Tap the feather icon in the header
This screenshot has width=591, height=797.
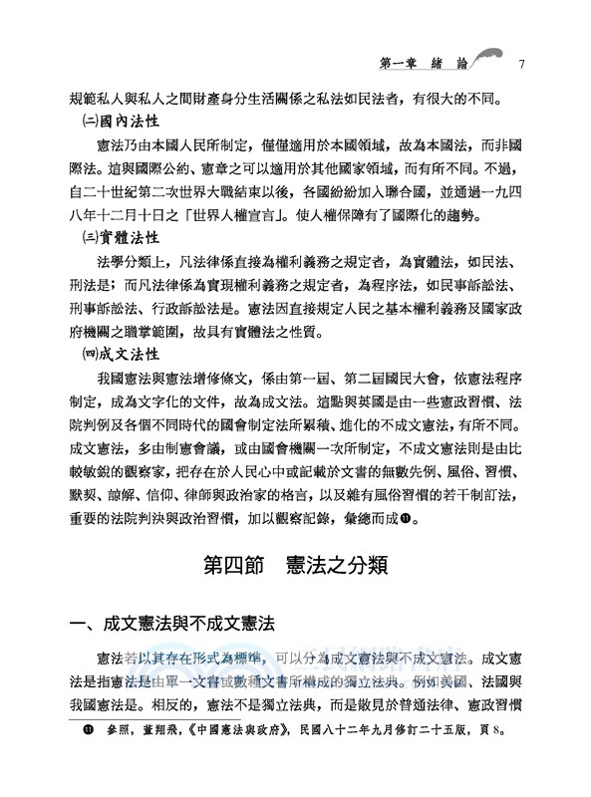(483, 61)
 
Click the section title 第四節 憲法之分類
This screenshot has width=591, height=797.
(295, 564)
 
